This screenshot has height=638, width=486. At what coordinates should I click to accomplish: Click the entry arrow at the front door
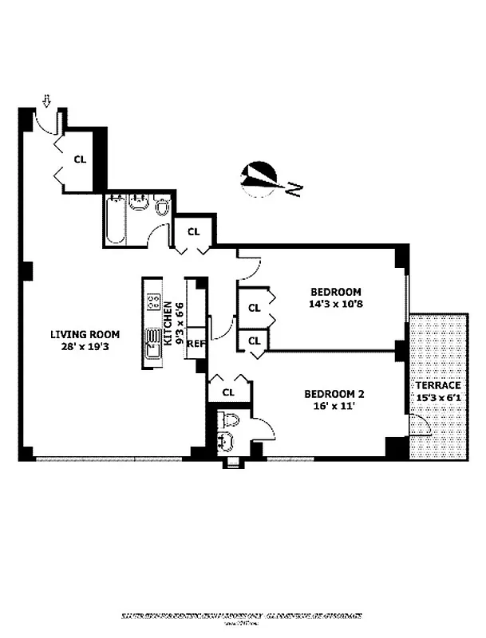(x=46, y=100)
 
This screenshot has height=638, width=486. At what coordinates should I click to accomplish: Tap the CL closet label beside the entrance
(x=80, y=159)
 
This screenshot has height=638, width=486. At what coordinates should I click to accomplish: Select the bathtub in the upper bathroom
(x=113, y=219)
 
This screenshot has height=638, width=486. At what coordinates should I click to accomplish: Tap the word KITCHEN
(x=168, y=323)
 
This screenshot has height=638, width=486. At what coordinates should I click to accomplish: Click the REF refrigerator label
(x=196, y=344)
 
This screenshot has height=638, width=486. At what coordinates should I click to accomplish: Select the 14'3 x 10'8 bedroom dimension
(x=336, y=304)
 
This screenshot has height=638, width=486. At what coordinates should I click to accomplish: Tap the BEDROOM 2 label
(x=335, y=393)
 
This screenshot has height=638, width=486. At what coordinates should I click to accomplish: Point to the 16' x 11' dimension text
(x=335, y=405)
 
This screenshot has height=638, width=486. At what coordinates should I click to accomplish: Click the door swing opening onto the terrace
(x=419, y=426)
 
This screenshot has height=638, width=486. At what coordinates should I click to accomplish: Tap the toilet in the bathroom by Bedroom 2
(x=228, y=420)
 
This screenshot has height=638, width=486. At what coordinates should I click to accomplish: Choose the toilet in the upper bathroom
(x=163, y=208)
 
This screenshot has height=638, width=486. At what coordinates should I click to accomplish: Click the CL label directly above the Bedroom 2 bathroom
(x=227, y=392)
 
